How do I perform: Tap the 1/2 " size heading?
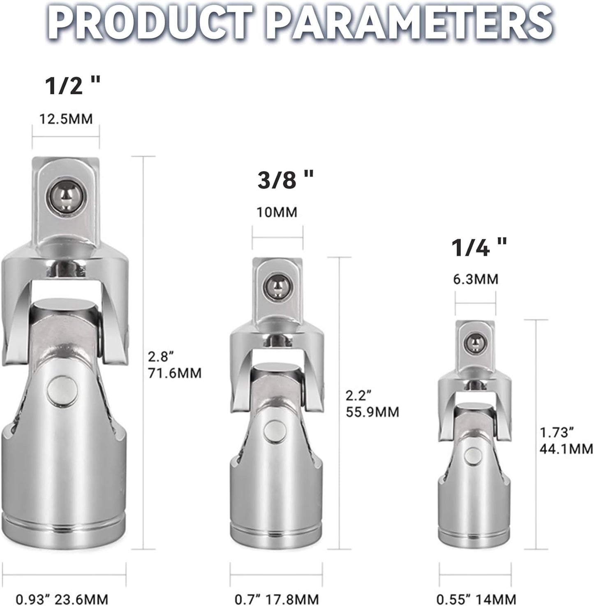coord(73,85)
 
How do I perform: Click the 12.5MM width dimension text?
coord(66,119)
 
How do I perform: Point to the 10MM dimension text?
coord(277,212)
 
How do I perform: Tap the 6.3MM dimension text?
coord(476,279)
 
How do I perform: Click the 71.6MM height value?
coord(175,373)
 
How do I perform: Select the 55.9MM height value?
coord(372,412)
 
